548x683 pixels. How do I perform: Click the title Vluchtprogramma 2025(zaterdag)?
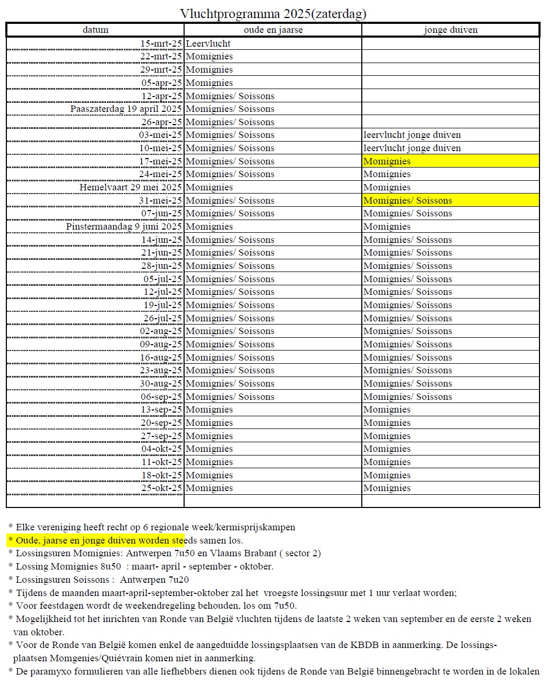click(x=273, y=13)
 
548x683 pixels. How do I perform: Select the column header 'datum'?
click(x=95, y=30)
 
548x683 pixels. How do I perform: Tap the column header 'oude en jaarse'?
click(x=273, y=30)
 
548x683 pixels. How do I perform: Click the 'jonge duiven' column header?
click(x=450, y=30)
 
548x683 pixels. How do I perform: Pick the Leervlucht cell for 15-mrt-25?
click(x=208, y=43)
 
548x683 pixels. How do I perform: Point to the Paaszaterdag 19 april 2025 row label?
click(x=126, y=109)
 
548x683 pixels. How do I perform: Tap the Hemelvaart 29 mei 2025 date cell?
click(x=131, y=187)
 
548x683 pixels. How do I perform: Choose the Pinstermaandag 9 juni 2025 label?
click(x=124, y=226)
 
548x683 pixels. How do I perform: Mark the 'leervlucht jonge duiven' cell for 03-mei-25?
click(x=412, y=135)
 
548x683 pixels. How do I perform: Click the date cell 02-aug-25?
click(x=161, y=331)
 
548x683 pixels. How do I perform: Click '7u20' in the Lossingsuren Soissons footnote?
click(x=179, y=580)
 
